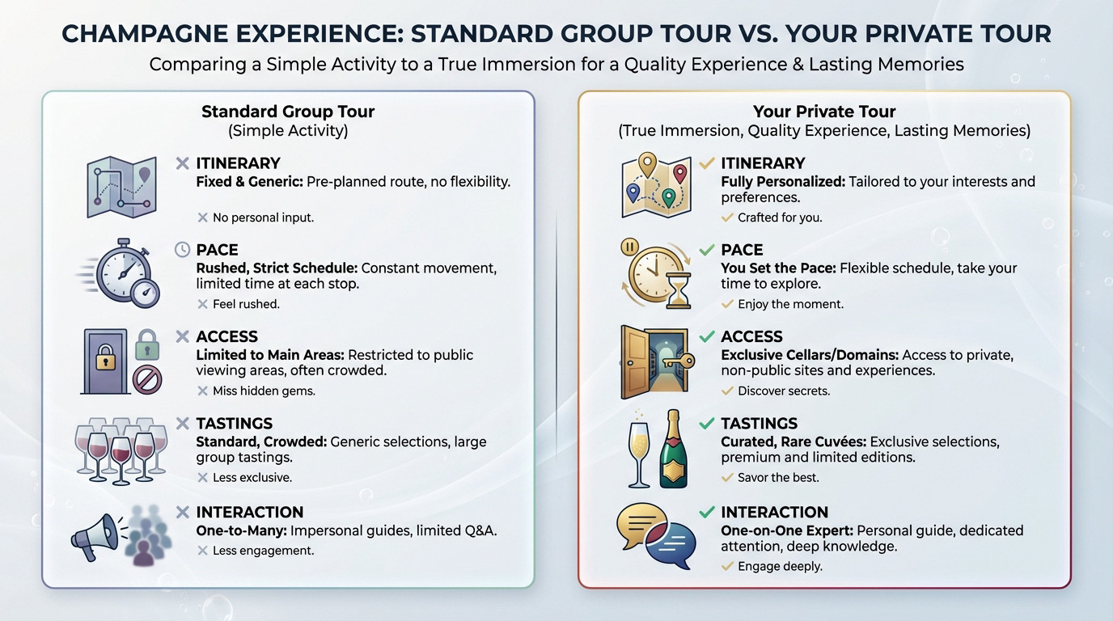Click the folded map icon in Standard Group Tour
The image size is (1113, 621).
121,187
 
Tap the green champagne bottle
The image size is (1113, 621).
672,449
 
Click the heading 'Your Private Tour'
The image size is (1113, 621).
823,112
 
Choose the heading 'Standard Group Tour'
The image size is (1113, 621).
288,112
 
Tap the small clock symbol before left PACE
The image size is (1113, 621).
183,250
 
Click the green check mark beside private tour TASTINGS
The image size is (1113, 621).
707,423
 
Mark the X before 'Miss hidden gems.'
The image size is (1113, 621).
202,391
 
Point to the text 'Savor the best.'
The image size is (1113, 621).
778,478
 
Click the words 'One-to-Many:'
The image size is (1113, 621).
241,530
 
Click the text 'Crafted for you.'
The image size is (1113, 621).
780,218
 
